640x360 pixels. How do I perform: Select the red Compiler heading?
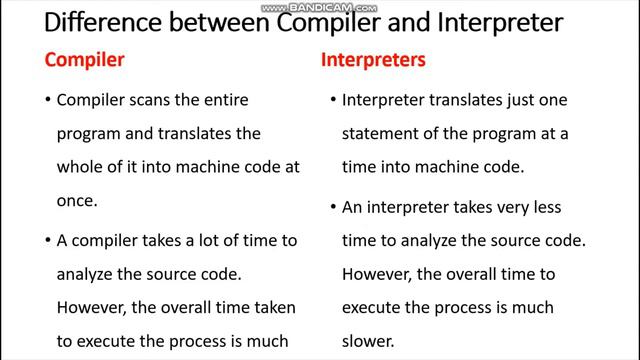(x=84, y=60)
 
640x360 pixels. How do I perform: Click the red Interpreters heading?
(x=373, y=60)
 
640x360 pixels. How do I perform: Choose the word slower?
(x=368, y=339)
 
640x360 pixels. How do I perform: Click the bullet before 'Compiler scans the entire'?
(x=46, y=101)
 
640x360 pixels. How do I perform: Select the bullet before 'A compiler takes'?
(x=46, y=240)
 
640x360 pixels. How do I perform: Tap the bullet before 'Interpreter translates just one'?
(x=331, y=101)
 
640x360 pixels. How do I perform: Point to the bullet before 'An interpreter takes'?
(x=331, y=207)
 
